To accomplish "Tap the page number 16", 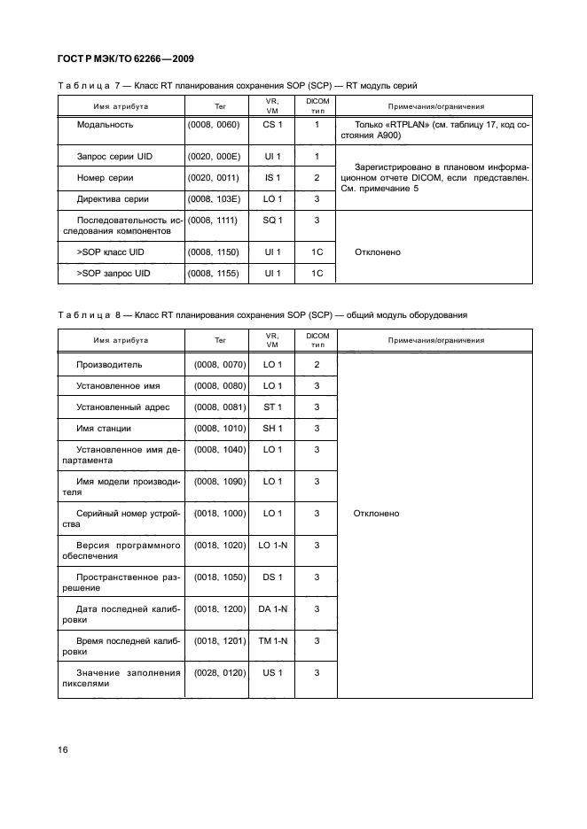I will tap(63, 750).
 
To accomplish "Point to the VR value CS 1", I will tap(272, 126).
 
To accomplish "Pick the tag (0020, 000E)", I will tap(214, 157).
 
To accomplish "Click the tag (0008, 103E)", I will tap(214, 199).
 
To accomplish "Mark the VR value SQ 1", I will tap(272, 220).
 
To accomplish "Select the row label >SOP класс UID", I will tap(112, 252).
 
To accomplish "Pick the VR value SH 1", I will tap(272, 429).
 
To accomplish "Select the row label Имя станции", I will tap(105, 429).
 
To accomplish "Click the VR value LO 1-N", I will tap(272, 546).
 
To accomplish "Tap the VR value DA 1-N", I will tap(272, 609).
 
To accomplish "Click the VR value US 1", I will tap(272, 673).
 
